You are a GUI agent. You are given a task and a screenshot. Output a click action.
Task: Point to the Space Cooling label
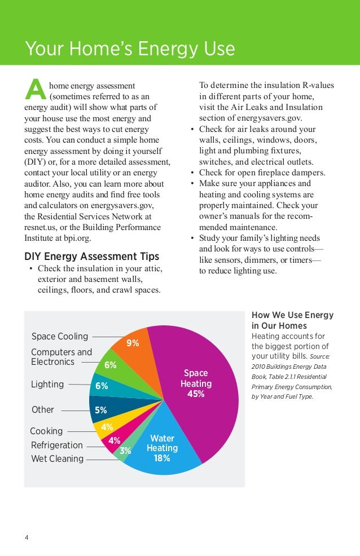(60, 337)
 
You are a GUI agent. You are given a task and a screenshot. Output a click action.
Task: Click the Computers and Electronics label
(61, 357)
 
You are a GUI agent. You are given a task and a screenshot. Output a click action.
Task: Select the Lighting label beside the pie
(47, 385)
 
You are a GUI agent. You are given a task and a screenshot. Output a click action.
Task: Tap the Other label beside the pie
(43, 410)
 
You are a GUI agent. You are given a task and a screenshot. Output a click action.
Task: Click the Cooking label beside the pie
(46, 431)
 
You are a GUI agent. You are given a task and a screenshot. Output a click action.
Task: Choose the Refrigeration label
(56, 445)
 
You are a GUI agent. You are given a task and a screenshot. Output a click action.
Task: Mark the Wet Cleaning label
(57, 459)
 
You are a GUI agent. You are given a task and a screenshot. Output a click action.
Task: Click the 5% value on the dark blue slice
(101, 410)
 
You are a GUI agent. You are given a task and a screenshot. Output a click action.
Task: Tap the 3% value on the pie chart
(125, 451)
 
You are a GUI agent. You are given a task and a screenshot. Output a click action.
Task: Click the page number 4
(27, 537)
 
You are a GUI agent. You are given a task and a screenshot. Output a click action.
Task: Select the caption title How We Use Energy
(292, 315)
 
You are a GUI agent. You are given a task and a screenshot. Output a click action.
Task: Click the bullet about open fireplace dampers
(262, 173)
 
